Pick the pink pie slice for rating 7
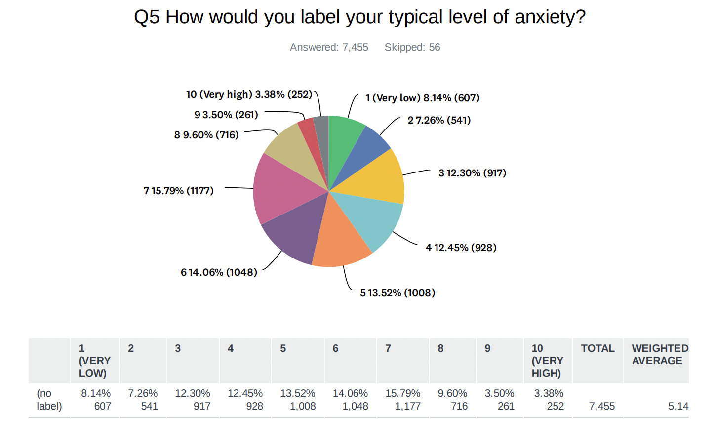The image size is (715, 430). click(279, 190)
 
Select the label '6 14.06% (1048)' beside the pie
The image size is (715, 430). click(219, 272)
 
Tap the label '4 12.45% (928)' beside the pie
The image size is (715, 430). click(461, 248)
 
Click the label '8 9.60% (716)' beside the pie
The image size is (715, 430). click(206, 135)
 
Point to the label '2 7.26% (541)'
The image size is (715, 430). click(439, 120)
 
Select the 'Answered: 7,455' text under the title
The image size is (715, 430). click(329, 47)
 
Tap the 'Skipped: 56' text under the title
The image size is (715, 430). click(412, 47)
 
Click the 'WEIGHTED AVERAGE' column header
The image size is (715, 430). click(659, 355)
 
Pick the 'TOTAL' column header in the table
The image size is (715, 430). click(597, 348)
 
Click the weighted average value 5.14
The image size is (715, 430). click(678, 406)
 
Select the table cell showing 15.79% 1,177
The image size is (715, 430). click(403, 400)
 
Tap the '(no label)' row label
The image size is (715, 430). click(49, 400)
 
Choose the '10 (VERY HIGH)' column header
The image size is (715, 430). click(547, 361)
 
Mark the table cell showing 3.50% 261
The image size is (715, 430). click(499, 400)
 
